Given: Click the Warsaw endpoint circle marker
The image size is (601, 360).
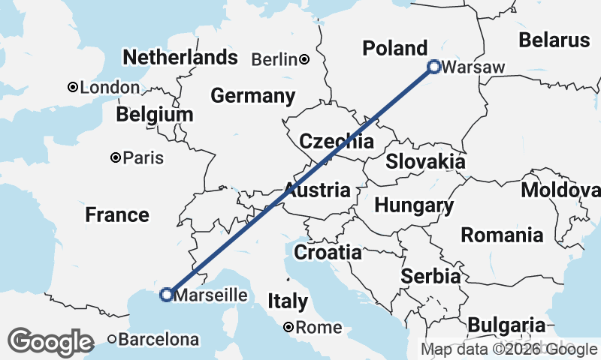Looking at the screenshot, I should point(434,67).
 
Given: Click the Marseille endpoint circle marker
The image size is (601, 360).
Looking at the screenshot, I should point(166,295).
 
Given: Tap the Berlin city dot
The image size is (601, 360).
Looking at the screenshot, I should point(304,59).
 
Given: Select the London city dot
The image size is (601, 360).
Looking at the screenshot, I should point(73,88).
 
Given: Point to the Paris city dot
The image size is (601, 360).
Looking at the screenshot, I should point(116,157).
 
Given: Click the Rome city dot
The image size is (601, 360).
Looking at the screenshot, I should point(289,327).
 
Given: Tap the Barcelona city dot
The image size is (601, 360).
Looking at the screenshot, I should point(113,339).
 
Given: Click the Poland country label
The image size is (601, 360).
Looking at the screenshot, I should point(395,49).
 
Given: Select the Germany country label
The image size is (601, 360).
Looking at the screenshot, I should point(252,96).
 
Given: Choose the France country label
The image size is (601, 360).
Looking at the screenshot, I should point(116,215).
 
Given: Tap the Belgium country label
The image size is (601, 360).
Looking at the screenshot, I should point(155,115).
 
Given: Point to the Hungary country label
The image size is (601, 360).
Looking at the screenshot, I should point(414,205).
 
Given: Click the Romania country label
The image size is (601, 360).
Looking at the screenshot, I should point(502,235).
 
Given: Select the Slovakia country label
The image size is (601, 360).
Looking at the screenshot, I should point(425,161).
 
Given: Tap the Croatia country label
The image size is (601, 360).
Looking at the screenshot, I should point(328,253).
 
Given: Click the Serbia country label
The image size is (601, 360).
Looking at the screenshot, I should point(430,276).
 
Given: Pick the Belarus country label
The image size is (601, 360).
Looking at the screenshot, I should point(554,40).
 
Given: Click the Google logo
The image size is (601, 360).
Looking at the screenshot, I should point(50,342).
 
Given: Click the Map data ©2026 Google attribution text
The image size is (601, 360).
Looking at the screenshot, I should point(509,349).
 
